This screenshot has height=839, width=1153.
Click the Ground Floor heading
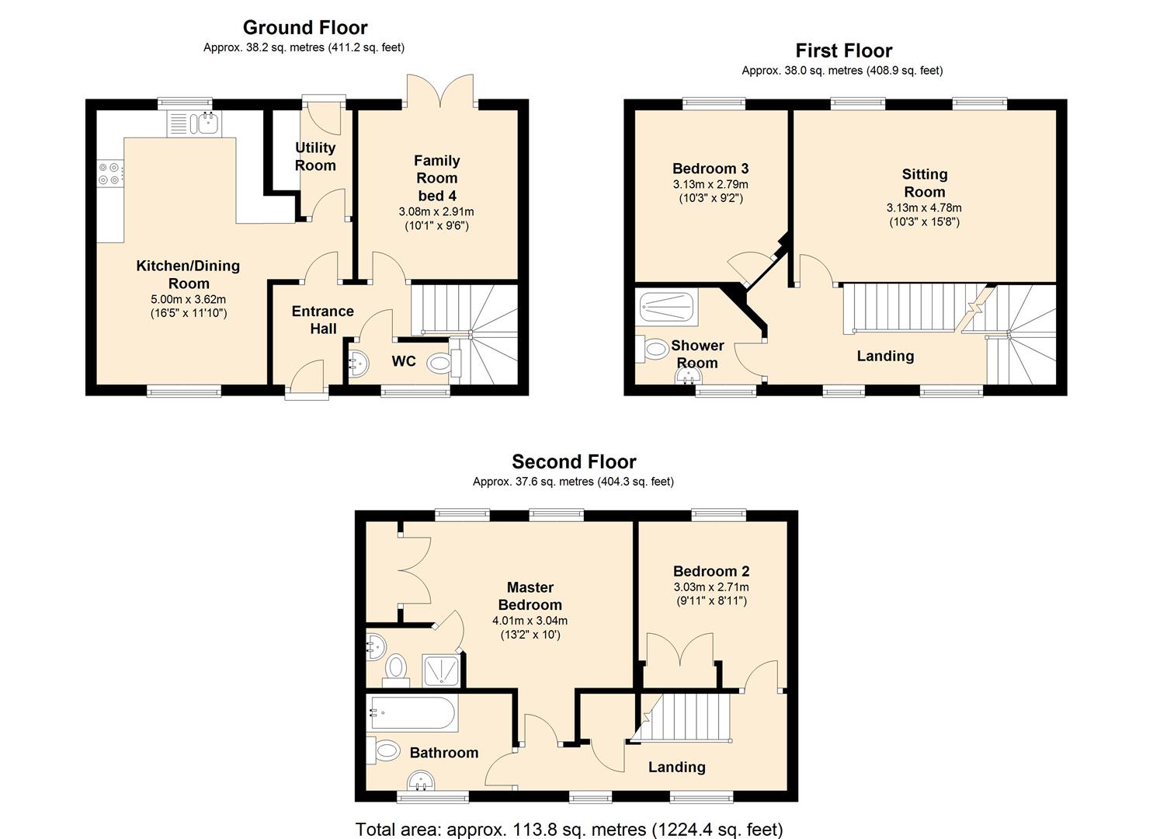pos(305,27)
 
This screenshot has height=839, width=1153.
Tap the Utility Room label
pos(315,157)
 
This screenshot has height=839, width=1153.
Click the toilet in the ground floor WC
pos(443,364)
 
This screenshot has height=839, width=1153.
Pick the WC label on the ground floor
pos(404,361)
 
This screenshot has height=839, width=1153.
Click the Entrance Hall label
pos(323,320)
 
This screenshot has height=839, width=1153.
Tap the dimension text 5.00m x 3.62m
pos(189,299)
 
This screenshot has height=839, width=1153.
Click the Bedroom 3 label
pos(710,169)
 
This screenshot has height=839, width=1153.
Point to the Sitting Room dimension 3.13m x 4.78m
pos(924,208)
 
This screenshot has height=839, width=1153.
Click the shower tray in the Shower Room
pos(666,307)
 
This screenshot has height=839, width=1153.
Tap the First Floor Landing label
pos(885,356)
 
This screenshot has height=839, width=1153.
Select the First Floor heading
pos(844,50)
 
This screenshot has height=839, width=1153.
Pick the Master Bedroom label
pos(530,596)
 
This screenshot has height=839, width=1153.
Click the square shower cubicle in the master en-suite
pos(441,670)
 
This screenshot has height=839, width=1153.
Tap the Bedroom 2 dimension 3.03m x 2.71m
pos(711,587)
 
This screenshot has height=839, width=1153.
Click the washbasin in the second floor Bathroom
pos(422,781)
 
